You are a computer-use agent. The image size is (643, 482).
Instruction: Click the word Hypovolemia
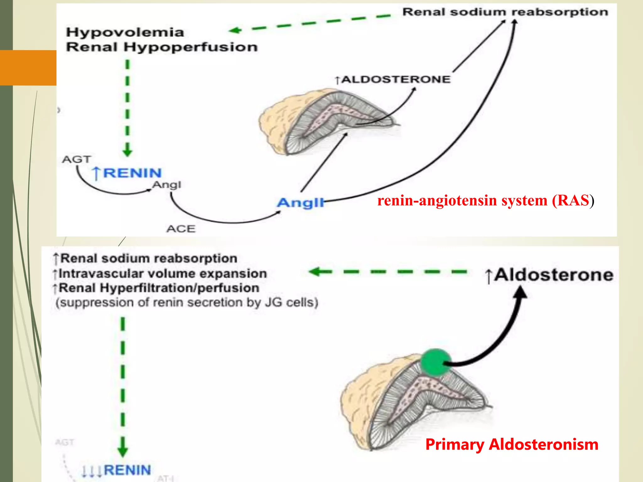125,32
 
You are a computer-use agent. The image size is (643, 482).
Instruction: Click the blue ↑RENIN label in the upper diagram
127,173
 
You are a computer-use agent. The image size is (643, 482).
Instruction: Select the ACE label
181,229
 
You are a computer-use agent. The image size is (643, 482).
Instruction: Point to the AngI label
167,185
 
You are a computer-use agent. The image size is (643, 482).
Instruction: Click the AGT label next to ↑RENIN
76,159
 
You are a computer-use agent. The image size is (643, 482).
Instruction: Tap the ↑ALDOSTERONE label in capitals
393,79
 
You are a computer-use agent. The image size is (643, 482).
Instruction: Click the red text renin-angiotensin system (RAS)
485,200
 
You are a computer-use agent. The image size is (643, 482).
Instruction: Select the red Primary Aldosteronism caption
511,444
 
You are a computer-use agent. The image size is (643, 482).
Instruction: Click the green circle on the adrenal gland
435,362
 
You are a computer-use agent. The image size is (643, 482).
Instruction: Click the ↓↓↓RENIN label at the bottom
116,470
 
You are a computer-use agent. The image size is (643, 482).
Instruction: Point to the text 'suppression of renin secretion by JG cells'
187,303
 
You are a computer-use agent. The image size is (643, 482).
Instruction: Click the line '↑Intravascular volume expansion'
160,274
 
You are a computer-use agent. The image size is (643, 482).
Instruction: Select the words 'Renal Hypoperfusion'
162,47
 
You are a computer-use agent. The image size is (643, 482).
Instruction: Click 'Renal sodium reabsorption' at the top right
505,12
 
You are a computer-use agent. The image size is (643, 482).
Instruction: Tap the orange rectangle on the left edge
28,67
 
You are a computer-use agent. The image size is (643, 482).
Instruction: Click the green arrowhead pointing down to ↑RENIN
127,152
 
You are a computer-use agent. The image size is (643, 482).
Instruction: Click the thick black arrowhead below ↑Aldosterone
521,292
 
